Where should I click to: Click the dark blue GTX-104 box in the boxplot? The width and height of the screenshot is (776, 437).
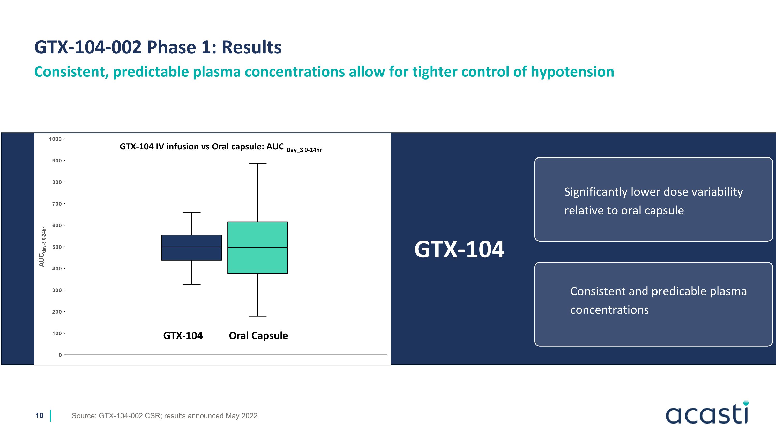pos(192,248)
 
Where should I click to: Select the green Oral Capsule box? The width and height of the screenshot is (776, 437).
pos(258,248)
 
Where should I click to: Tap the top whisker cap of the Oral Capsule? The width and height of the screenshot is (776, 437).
pos(258,163)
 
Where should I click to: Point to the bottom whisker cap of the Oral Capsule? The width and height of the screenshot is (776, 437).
pos(258,316)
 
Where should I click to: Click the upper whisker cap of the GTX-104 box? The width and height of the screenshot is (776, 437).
pos(192,212)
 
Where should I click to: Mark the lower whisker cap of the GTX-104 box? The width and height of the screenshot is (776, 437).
pos(192,284)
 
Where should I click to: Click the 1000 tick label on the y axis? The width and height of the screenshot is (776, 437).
pos(55,139)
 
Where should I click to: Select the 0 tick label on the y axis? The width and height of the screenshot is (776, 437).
pos(60,355)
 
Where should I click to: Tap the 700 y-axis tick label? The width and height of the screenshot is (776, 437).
pos(57,204)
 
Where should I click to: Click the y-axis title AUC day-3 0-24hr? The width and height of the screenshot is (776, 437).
pos(42,247)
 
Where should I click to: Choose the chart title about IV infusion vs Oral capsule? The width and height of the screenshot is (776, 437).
pos(220,147)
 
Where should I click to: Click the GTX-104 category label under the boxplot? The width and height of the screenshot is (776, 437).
pos(183,336)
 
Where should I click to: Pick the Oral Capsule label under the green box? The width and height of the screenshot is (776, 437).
pos(258,336)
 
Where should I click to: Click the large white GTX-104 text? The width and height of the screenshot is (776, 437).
pos(459,249)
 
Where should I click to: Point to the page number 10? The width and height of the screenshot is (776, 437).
pos(40,415)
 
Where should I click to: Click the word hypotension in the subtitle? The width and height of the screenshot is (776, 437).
pos(572,72)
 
